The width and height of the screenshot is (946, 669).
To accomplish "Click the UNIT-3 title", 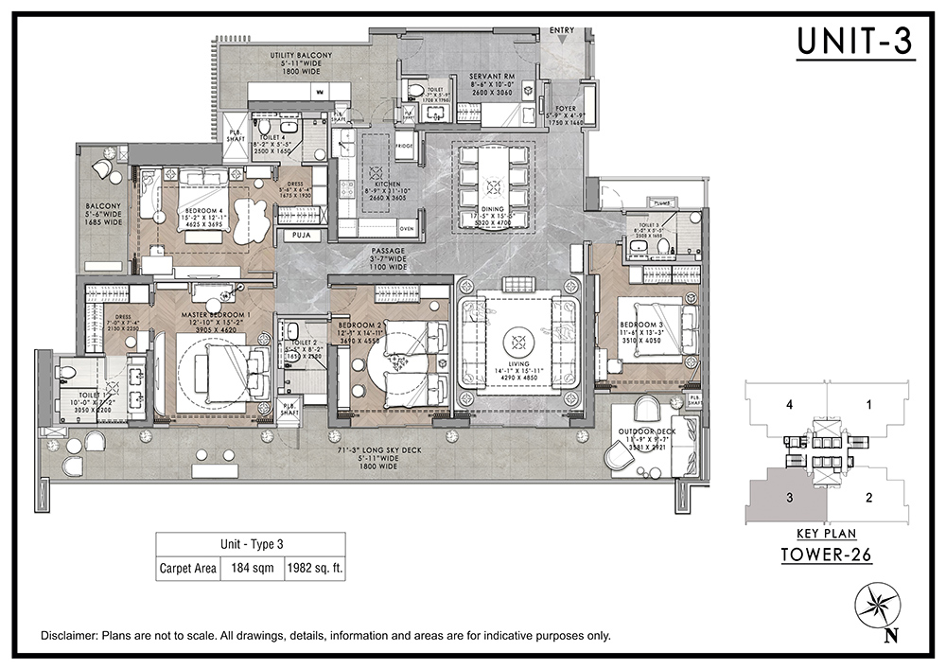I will pos(855,42).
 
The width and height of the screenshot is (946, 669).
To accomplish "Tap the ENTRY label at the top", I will pos(561,30).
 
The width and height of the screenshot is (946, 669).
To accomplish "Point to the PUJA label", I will pos(303,233).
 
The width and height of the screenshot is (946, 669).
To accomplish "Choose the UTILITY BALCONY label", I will pos(301,56).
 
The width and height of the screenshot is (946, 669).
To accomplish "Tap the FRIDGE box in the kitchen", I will pos(404,147).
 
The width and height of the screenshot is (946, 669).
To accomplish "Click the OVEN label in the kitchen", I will pos(407,229).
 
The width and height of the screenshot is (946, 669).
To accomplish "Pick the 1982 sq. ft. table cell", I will pos(312,570).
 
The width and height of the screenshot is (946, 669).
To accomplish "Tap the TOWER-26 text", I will pos(826,555).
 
